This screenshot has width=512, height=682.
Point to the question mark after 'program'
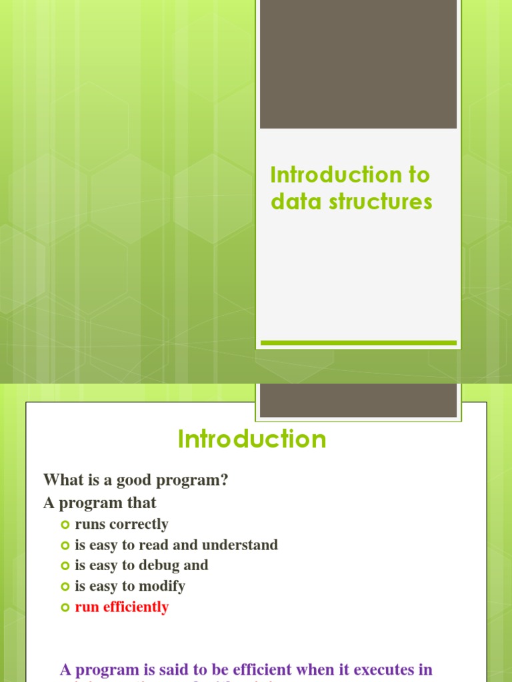pyautogui.click(x=225, y=480)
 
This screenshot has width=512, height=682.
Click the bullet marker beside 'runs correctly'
pyautogui.click(x=65, y=524)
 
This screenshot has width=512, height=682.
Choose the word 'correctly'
pyautogui.click(x=139, y=524)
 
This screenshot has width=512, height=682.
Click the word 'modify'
pyautogui.click(x=163, y=586)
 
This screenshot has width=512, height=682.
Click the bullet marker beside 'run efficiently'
pyautogui.click(x=65, y=607)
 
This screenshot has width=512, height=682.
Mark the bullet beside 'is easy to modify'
pyautogui.click(x=65, y=586)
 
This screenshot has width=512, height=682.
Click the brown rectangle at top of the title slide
pyautogui.click(x=358, y=64)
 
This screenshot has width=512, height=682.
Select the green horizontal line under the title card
pyautogui.click(x=358, y=343)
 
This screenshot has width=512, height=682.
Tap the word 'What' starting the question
pyautogui.click(x=61, y=480)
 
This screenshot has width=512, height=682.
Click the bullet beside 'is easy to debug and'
pyautogui.click(x=65, y=565)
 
